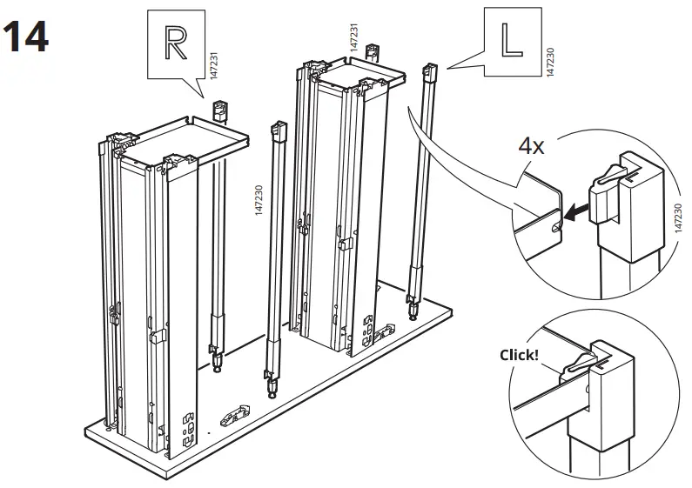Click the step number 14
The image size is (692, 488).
pyautogui.click(x=26, y=37)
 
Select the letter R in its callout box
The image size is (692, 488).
pyautogui.click(x=175, y=42)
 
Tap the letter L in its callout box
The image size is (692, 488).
pyautogui.click(x=507, y=40)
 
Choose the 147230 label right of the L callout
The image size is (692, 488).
pyautogui.click(x=548, y=62)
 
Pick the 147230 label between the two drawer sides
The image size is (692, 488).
pyautogui.click(x=259, y=205)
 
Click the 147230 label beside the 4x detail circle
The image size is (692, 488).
pyautogui.click(x=678, y=209)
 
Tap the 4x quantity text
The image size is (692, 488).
pyautogui.click(x=531, y=146)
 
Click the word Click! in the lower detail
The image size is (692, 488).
pyautogui.click(x=519, y=355)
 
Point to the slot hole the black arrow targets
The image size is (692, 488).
pyautogui.click(x=557, y=224)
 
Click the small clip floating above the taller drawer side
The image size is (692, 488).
pyautogui.click(x=372, y=50)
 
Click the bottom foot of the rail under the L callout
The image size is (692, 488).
pyautogui.click(x=410, y=304)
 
